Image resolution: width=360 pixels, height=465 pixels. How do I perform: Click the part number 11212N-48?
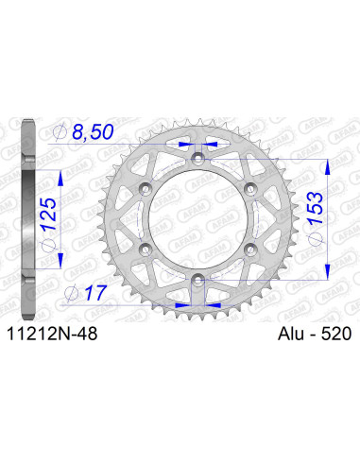click(x=49, y=333)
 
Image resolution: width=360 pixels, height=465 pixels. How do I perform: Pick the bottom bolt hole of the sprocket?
click(x=197, y=278)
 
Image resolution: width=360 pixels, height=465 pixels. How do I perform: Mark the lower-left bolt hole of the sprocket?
click(x=145, y=248)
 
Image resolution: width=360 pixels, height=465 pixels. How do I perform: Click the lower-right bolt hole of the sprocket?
click(x=250, y=248)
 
